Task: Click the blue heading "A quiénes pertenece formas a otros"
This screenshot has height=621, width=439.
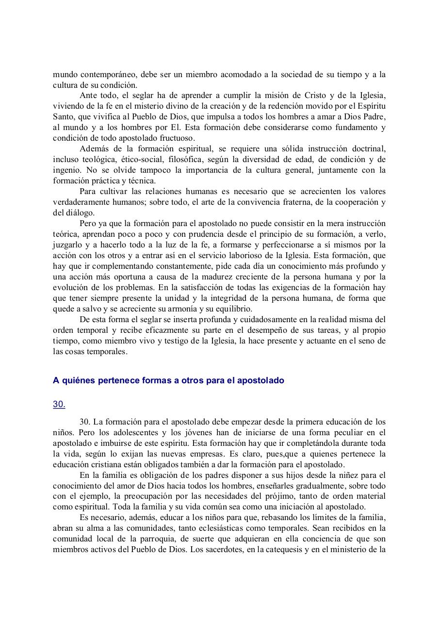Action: point(168,381)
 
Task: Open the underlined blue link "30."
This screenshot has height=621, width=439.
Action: point(59,404)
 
